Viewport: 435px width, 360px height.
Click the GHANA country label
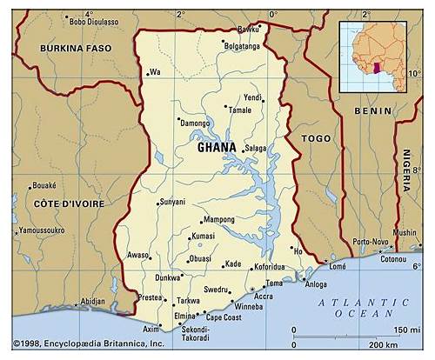(217, 147)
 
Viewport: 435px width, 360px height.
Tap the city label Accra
(263, 297)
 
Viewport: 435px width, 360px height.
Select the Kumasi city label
(203, 236)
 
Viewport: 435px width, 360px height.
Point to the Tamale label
(239, 110)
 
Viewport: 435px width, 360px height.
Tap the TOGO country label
(315, 138)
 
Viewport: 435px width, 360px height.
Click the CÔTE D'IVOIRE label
(69, 203)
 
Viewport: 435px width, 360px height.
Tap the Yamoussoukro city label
(42, 230)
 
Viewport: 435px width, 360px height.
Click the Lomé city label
(337, 267)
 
